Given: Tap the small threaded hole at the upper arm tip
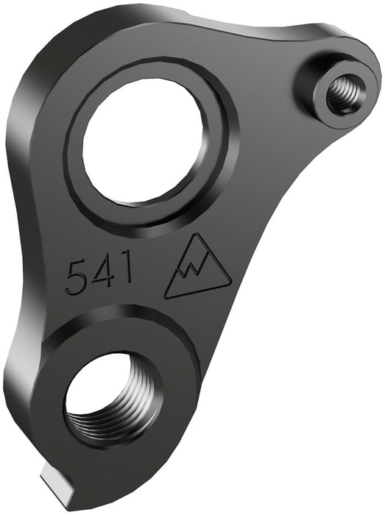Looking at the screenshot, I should pyautogui.click(x=340, y=93).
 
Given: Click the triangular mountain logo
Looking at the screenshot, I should pyautogui.click(x=196, y=269).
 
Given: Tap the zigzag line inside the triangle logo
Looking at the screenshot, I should pyautogui.click(x=197, y=273).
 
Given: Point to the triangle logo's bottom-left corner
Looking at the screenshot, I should pyautogui.click(x=166, y=297).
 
